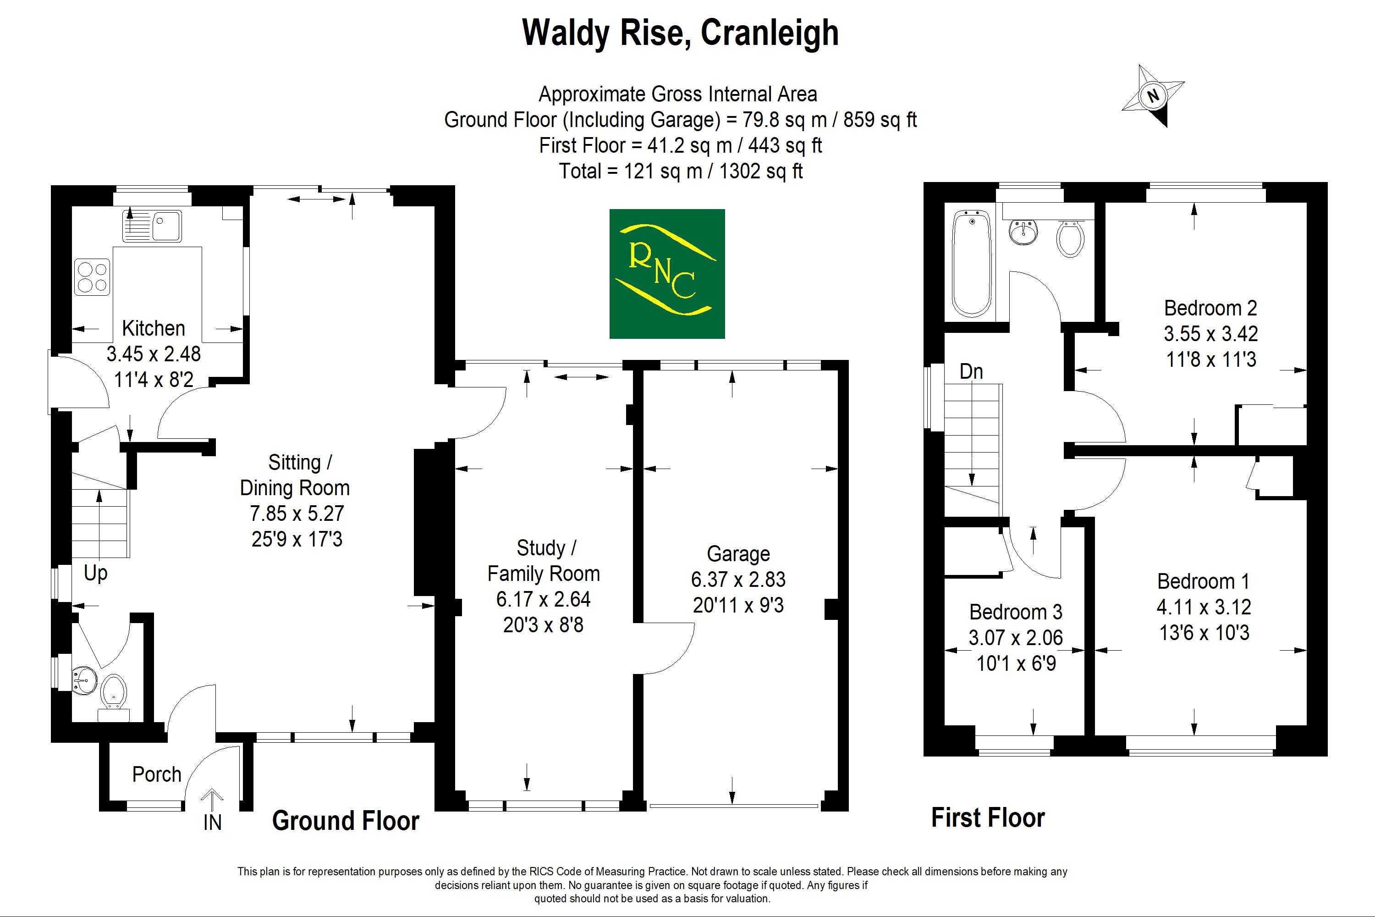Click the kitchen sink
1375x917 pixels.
[152, 225]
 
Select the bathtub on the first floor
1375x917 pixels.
[971, 264]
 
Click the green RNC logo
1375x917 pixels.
[667, 274]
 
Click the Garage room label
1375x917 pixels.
[738, 554]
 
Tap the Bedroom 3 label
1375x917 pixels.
[1016, 612]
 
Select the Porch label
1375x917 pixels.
[157, 774]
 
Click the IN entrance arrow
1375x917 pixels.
[212, 800]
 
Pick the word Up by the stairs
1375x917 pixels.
[96, 574]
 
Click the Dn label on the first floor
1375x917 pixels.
[971, 371]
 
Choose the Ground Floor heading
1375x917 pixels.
[346, 821]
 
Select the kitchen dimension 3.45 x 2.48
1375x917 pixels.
[153, 354]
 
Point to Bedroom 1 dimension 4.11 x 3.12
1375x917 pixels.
[1204, 607]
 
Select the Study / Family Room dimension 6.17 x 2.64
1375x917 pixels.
[543, 599]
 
